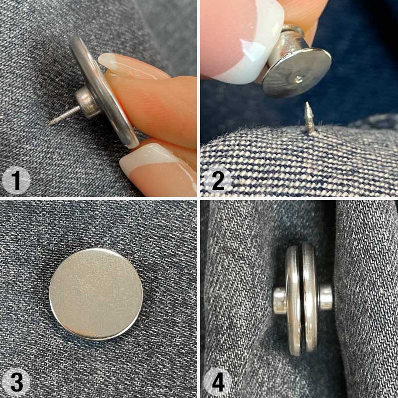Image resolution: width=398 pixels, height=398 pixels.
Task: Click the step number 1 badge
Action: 16,181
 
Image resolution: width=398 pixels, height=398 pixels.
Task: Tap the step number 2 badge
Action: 217,181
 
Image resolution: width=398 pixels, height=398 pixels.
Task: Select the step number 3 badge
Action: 16,382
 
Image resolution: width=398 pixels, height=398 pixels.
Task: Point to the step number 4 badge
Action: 217,382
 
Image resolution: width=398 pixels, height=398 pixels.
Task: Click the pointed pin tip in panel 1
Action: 49,123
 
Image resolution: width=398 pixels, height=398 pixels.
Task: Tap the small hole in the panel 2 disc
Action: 298,80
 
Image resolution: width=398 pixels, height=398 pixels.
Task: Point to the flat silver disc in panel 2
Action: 297,72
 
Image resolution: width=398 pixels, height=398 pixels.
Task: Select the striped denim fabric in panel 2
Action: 299,163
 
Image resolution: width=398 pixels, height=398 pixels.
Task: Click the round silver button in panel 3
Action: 96,294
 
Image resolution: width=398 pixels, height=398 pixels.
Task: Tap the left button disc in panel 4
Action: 294,301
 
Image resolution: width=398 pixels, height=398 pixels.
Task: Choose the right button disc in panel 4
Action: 310,301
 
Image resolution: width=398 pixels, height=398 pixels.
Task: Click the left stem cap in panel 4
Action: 280,300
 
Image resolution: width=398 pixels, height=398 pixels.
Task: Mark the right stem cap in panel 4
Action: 326,297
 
